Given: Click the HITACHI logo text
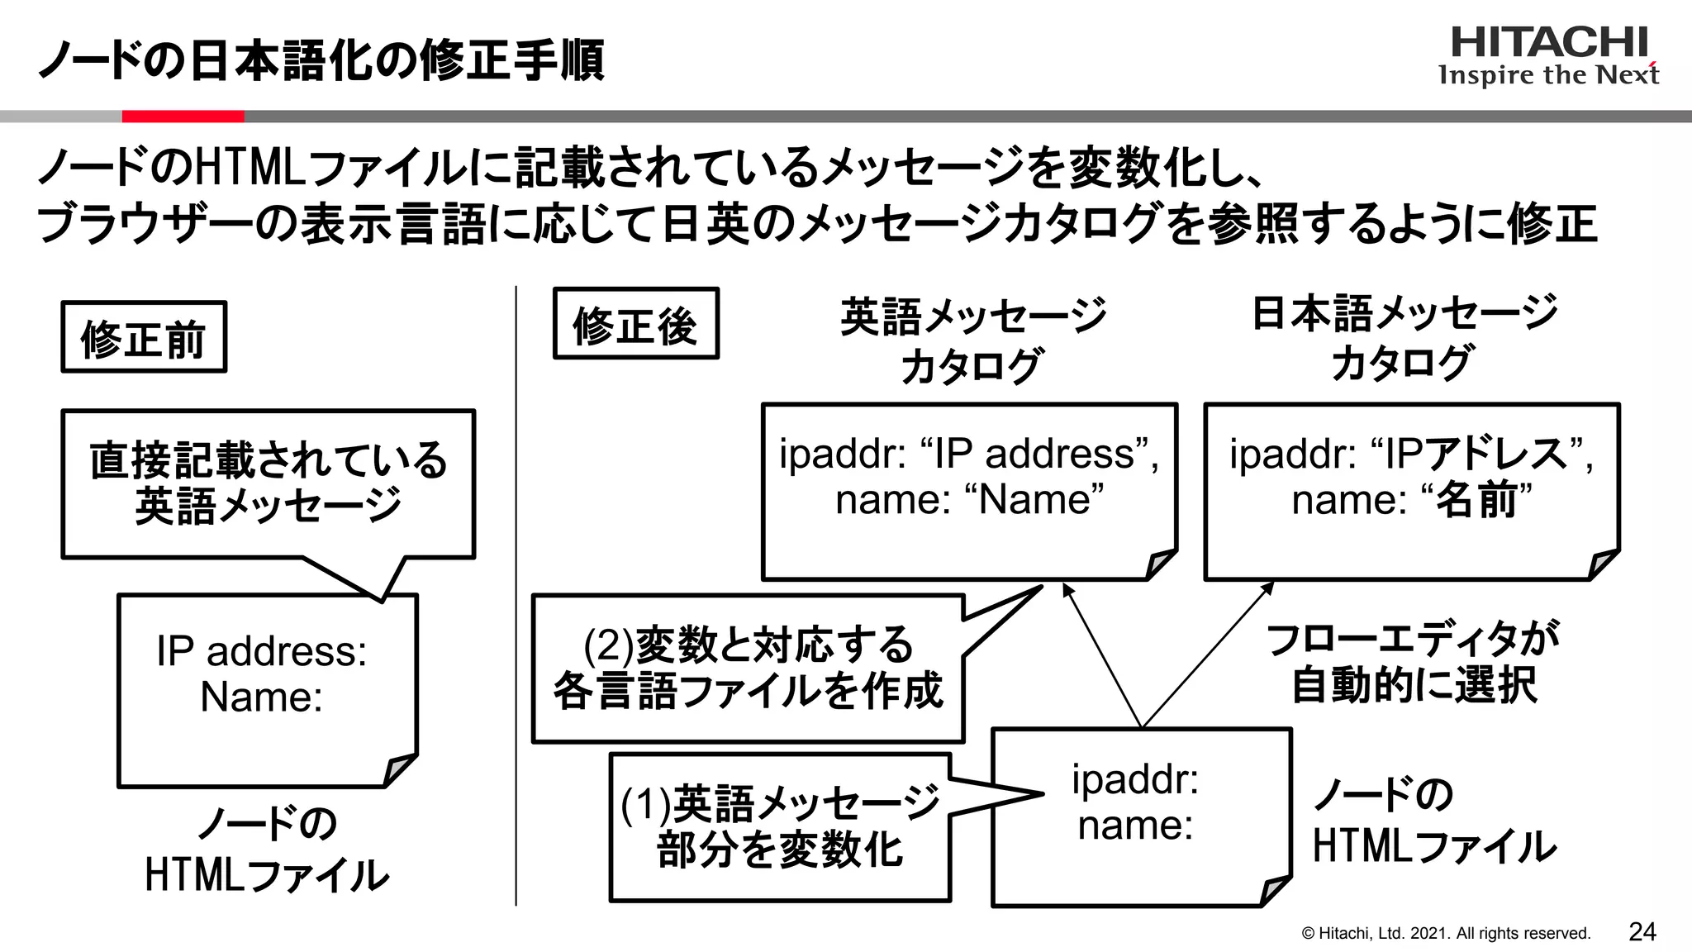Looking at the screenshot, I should tap(1548, 43).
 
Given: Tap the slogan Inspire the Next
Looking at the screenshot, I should tap(1548, 75).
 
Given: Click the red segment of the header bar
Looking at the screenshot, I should tap(183, 117).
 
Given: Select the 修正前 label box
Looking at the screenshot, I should tap(144, 337).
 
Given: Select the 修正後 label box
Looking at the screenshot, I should tap(635, 324).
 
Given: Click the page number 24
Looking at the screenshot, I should tap(1642, 931).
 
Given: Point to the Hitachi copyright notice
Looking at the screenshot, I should tap(1445, 933).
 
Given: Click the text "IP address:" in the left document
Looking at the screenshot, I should tap(261, 651).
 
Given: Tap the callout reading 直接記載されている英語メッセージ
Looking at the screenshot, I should tap(268, 483).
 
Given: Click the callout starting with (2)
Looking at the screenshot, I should tap(748, 668).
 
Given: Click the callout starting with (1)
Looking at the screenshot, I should tap(779, 826).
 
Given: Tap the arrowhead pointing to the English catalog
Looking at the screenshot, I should tap(1067, 589).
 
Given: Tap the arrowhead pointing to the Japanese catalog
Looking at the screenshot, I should tap(1267, 588).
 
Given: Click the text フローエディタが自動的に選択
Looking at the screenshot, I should tap(1412, 661).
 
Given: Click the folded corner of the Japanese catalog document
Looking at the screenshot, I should tap(1603, 565).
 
